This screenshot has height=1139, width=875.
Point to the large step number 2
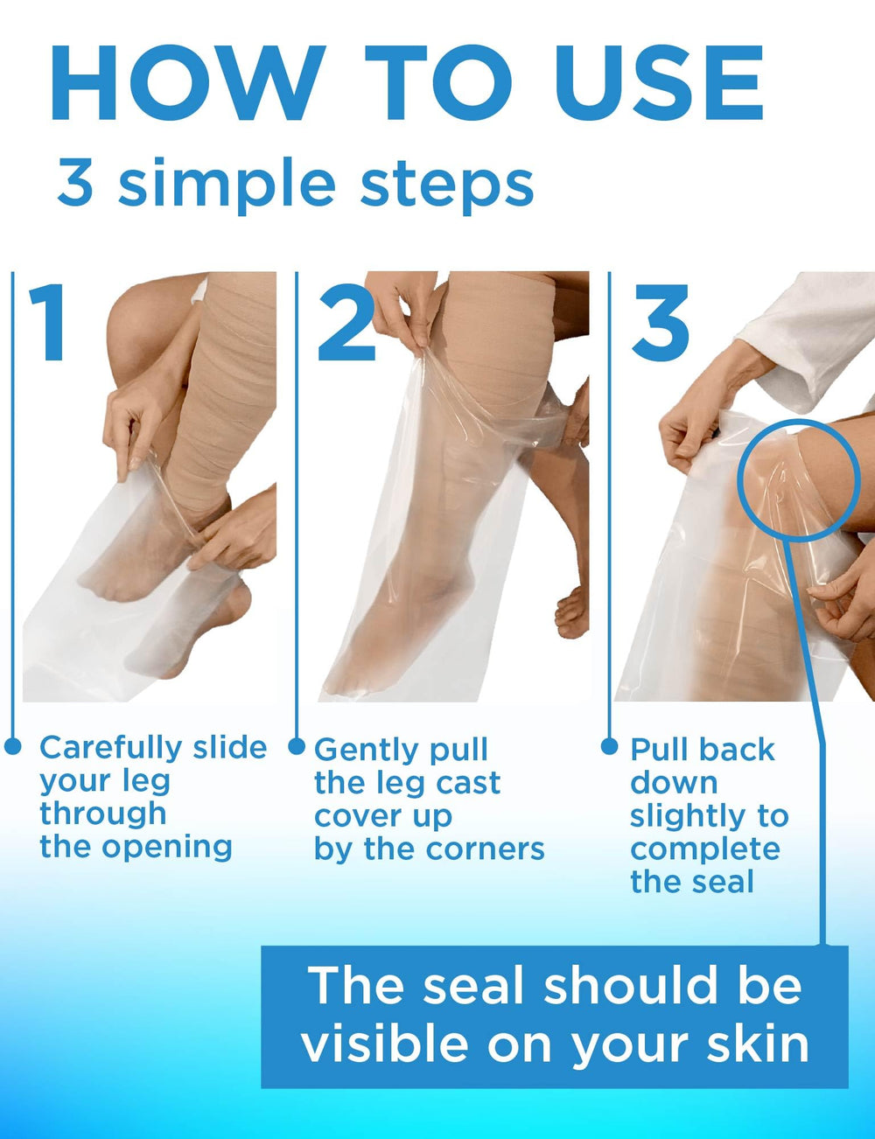[x=346, y=322]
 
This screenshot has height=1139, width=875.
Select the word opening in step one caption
[x=167, y=849]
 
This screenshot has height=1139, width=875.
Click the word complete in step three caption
[x=705, y=849]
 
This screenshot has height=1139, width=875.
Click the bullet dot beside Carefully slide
[x=12, y=746]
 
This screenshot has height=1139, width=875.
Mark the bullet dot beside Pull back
[x=609, y=746]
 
